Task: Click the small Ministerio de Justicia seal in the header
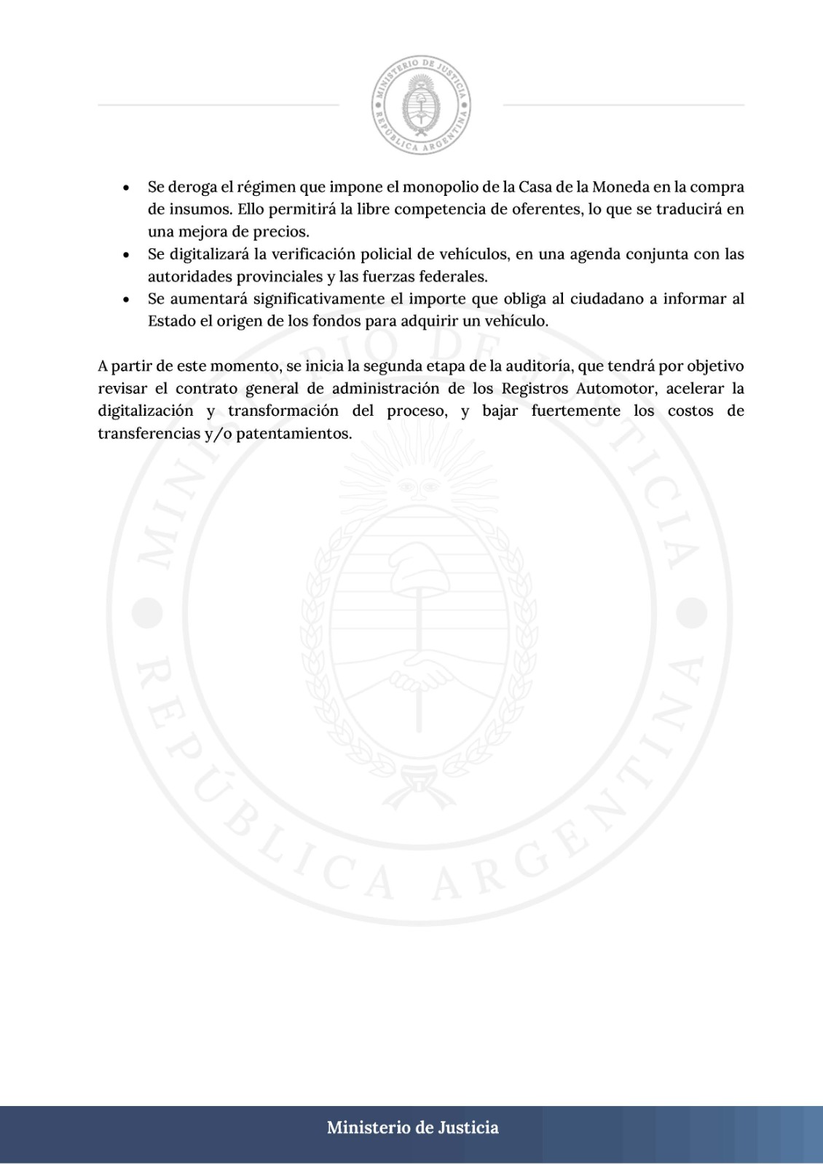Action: point(421,105)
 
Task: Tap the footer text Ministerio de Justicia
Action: point(412,1127)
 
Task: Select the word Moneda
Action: point(621,187)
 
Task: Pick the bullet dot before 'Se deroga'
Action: point(127,188)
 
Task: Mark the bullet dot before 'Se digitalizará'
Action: point(127,255)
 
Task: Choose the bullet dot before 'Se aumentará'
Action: point(127,299)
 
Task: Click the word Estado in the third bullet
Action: point(171,321)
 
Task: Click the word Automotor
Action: point(615,388)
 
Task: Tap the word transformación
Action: point(283,411)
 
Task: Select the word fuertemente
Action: point(575,411)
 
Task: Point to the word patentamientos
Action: point(294,433)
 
